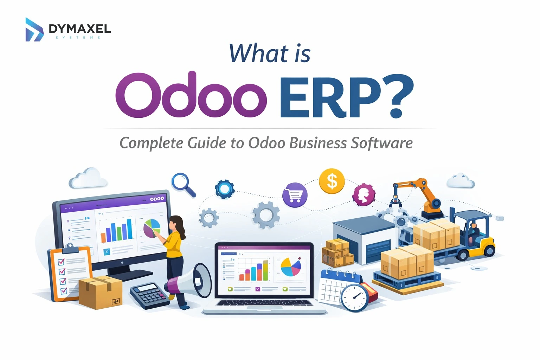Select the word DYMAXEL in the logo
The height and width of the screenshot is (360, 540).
point(80,29)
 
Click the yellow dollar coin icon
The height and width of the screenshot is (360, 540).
point(332,181)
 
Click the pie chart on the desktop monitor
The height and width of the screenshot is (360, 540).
point(152,228)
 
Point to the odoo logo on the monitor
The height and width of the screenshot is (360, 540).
point(157,199)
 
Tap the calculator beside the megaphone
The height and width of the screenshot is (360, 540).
point(149,295)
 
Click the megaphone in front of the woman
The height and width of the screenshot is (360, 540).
point(192,281)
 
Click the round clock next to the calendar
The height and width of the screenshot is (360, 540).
point(354,298)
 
